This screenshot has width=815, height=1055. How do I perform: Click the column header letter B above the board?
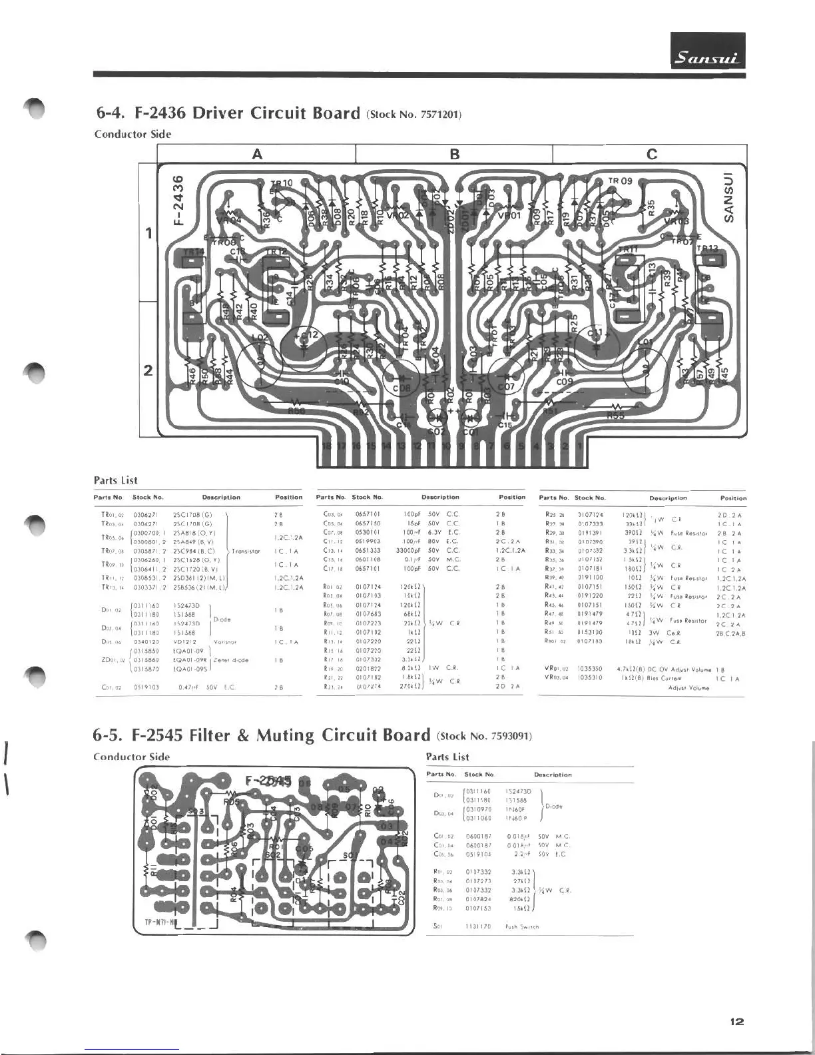[455, 155]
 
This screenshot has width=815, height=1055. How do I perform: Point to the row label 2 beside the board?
[148, 370]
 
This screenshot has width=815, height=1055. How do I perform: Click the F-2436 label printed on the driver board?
[178, 200]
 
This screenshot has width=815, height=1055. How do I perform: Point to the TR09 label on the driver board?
[620, 180]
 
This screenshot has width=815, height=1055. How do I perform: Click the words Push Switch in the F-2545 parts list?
[522, 926]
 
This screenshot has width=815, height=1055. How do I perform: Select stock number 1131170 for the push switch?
[477, 926]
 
